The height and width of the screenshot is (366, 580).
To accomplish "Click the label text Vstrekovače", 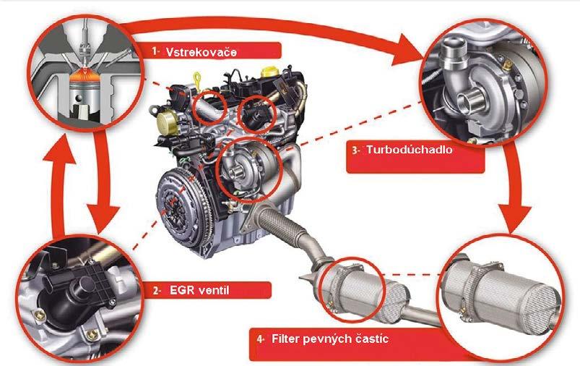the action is coord(202,52).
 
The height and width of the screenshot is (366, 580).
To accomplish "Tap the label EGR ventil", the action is coord(199,289).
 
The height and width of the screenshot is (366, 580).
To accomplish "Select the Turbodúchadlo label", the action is coord(410,150).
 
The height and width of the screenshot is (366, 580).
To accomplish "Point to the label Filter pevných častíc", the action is coord(330,339).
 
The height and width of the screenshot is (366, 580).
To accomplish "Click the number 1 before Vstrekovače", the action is coord(155,51).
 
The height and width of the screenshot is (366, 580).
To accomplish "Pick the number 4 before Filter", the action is coord(261,339).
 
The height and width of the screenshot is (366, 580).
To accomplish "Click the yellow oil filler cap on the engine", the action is coord(269,72).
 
